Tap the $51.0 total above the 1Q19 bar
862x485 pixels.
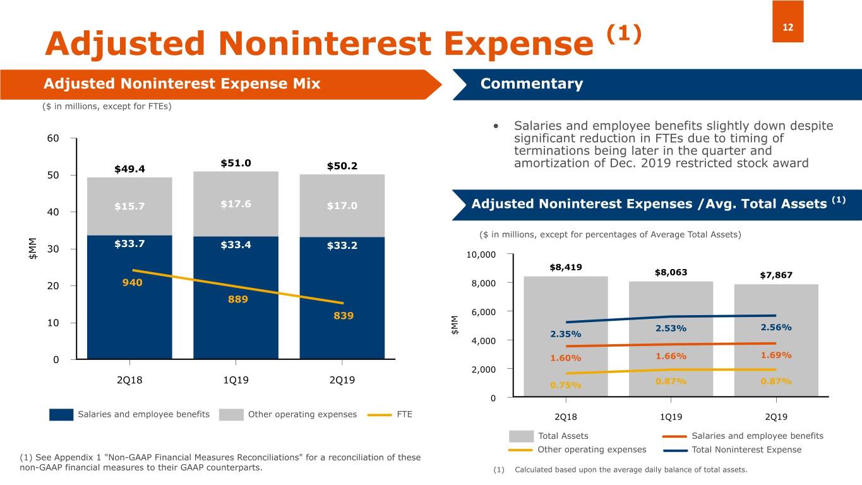(x=236, y=163)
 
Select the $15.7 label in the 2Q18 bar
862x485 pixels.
(x=129, y=206)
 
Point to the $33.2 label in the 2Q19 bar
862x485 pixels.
(x=342, y=246)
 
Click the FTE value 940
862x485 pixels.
(x=132, y=283)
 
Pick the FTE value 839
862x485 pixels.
(x=343, y=316)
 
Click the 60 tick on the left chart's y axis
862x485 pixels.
(x=52, y=139)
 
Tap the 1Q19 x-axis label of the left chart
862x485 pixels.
(x=236, y=380)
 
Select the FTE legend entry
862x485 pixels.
(x=390, y=414)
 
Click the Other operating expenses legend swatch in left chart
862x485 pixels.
(x=231, y=415)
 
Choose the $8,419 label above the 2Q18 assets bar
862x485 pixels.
(x=566, y=267)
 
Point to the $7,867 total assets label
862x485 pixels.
(x=775, y=275)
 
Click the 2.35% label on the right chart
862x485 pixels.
(x=565, y=334)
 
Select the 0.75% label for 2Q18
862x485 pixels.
(x=565, y=385)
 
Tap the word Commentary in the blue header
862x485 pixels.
(x=531, y=84)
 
